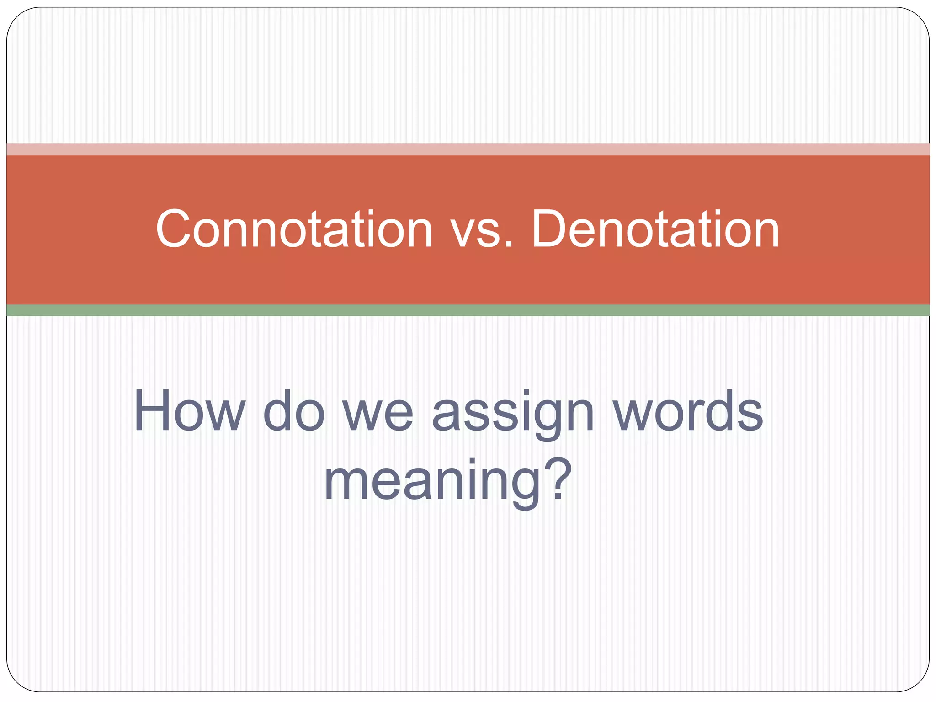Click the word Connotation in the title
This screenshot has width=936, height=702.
click(294, 229)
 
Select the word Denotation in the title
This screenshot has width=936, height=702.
click(655, 229)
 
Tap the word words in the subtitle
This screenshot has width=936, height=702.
click(687, 411)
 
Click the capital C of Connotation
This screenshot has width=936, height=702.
click(173, 229)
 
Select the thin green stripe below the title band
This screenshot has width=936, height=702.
click(468, 310)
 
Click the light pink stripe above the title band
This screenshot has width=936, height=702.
click(468, 149)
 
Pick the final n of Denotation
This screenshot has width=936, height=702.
click(765, 234)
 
